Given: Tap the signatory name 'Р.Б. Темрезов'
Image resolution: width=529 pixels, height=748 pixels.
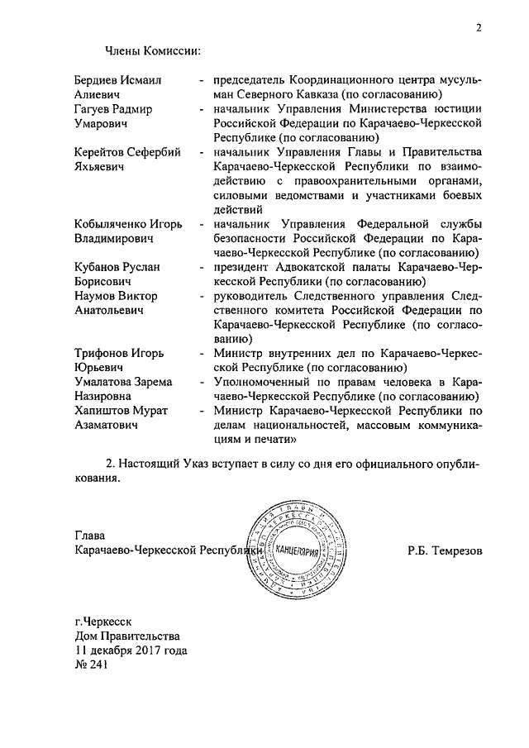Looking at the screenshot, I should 444,550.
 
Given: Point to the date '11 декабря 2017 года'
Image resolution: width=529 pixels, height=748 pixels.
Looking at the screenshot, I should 130,650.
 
